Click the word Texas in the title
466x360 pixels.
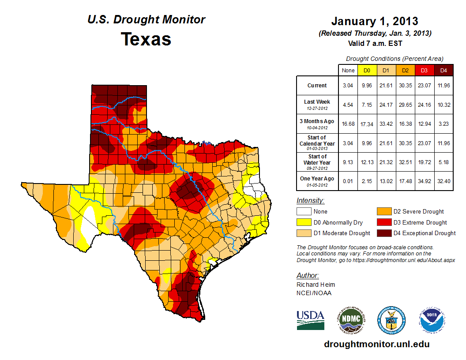pyautogui.click(x=146, y=39)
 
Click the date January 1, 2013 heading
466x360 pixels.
pyautogui.click(x=375, y=21)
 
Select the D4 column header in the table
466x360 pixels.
pyautogui.click(x=443, y=70)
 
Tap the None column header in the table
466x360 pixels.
pyautogui.click(x=348, y=70)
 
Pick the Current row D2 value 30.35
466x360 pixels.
pyautogui.click(x=405, y=86)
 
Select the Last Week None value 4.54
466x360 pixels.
pyautogui.click(x=348, y=105)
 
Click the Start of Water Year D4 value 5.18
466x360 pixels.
pyautogui.click(x=443, y=162)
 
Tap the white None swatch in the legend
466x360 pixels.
pyautogui.click(x=304, y=211)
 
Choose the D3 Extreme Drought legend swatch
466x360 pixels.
pyautogui.click(x=384, y=222)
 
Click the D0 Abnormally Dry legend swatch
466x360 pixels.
pyautogui.click(x=304, y=222)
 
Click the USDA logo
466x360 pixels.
pyautogui.click(x=310, y=320)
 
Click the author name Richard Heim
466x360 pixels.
pyautogui.click(x=316, y=285)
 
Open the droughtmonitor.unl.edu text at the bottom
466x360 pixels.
pyautogui.click(x=376, y=344)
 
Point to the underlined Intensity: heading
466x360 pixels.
pyautogui.click(x=310, y=200)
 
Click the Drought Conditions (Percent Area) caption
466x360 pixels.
pyautogui.click(x=395, y=59)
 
